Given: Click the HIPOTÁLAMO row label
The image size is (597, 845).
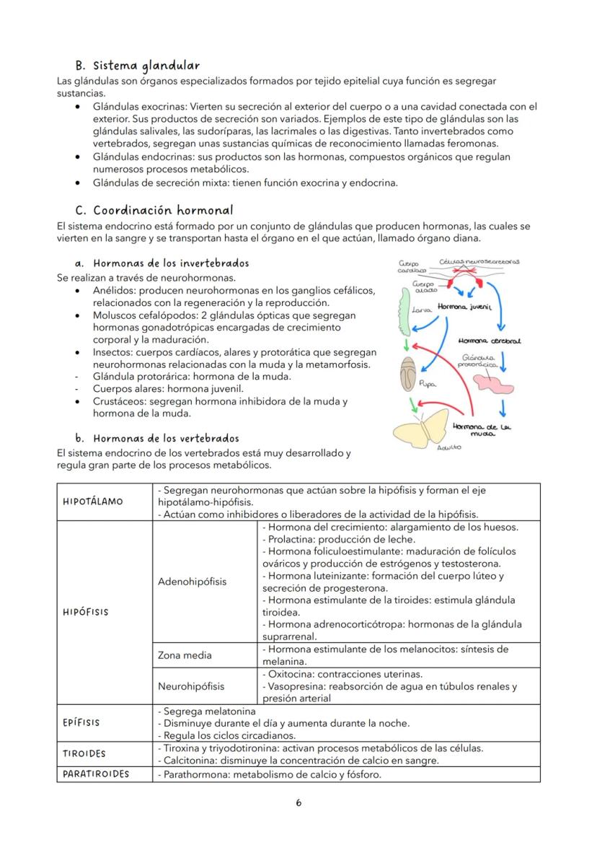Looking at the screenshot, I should (x=94, y=502).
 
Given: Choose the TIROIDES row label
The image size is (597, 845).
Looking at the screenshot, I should (x=84, y=753).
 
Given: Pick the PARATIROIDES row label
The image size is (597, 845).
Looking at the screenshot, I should (x=97, y=774).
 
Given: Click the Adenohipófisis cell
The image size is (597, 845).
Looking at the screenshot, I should (x=192, y=581).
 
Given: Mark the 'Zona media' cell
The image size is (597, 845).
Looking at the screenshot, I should (x=185, y=655).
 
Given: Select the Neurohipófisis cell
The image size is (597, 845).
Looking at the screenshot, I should (x=191, y=686).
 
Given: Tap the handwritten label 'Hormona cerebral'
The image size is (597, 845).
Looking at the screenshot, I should (x=490, y=340).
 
